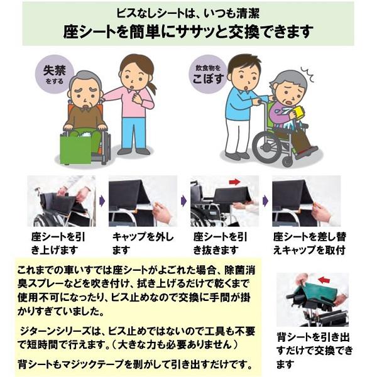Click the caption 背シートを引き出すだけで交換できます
(314, 349)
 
